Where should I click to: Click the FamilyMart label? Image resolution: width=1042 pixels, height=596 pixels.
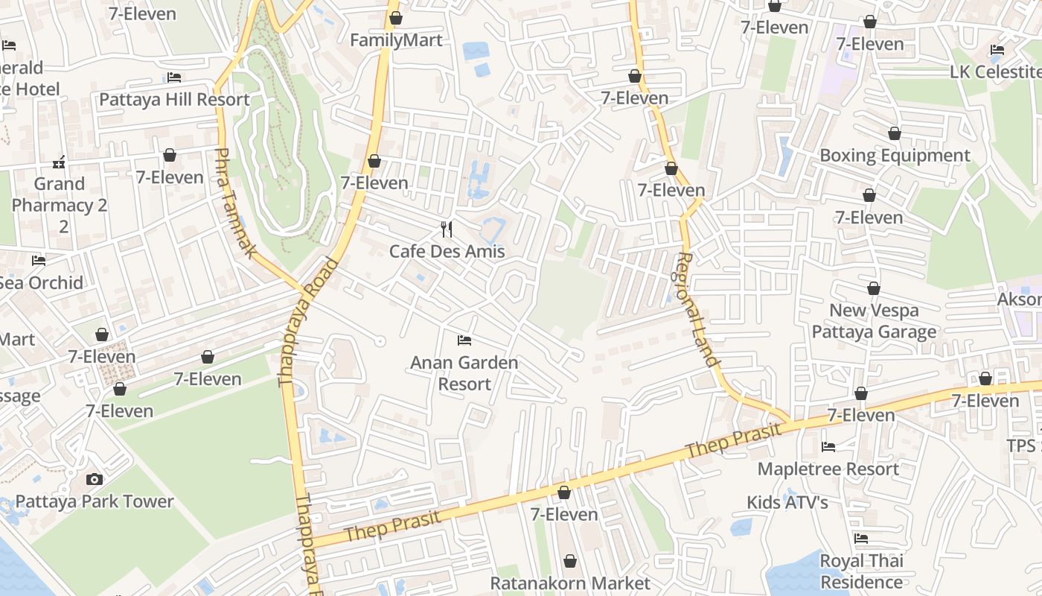click(x=396, y=40)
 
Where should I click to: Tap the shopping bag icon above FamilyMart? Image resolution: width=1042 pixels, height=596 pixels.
click(x=396, y=18)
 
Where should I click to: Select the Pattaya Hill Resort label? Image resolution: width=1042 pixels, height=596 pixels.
click(x=174, y=99)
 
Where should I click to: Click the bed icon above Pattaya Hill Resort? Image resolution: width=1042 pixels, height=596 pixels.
click(x=174, y=77)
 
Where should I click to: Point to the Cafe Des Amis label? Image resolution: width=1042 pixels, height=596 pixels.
click(x=447, y=251)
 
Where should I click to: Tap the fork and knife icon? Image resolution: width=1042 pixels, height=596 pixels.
click(x=447, y=229)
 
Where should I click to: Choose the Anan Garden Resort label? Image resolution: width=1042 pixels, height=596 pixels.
click(x=464, y=373)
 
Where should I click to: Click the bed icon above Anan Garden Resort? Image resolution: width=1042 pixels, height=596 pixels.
click(x=464, y=340)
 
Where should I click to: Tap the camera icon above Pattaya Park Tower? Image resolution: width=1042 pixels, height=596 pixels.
click(x=95, y=479)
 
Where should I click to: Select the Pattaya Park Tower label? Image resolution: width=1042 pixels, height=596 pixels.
click(x=95, y=501)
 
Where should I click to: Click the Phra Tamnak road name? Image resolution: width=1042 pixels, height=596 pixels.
click(x=234, y=203)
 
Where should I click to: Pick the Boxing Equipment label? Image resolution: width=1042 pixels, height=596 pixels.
click(x=895, y=156)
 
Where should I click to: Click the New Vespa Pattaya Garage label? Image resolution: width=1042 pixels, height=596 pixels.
click(x=874, y=321)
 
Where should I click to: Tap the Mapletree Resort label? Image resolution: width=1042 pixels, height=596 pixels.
click(x=828, y=469)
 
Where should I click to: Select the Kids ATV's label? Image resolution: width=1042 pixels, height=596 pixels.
click(x=787, y=503)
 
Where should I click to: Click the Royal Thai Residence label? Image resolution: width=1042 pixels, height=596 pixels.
click(x=861, y=571)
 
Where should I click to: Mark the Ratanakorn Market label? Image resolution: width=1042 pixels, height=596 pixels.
click(x=570, y=583)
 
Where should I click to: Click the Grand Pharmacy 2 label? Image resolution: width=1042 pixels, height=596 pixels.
click(x=60, y=204)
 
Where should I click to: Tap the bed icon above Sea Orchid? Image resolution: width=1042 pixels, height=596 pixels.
click(x=39, y=260)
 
